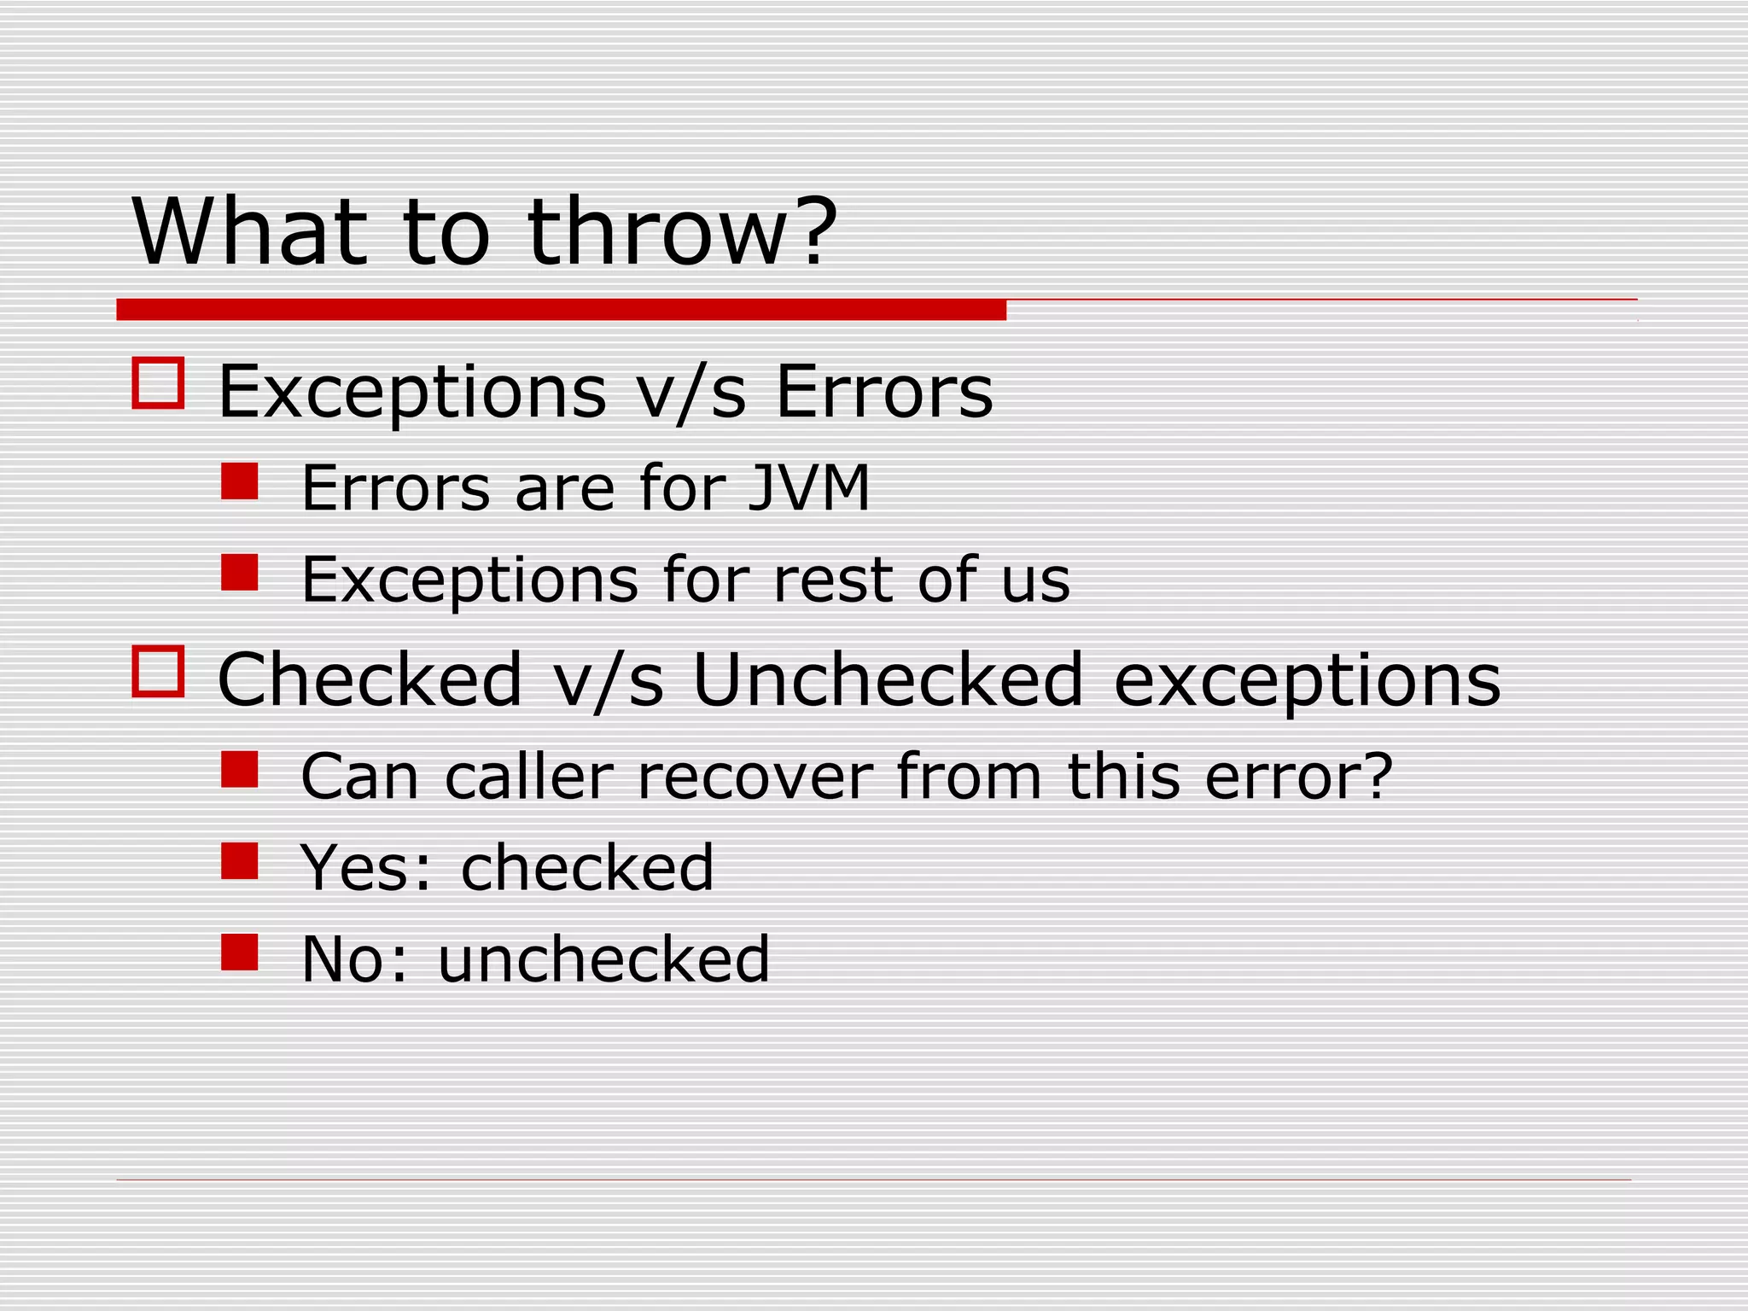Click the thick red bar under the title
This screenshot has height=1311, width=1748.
pos(561,310)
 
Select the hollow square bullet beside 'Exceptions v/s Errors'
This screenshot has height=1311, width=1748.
pos(159,383)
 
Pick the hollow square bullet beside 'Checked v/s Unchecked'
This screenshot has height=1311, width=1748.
pos(159,671)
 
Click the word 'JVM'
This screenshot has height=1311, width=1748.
pos(808,488)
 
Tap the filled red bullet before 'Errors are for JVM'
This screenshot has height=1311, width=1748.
pos(240,481)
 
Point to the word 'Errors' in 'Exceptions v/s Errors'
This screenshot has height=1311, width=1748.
pos(884,393)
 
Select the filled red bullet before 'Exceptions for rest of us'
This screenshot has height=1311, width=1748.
pos(240,573)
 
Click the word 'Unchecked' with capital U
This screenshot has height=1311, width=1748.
pos(888,680)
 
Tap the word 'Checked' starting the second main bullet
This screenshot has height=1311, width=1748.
pos(369,680)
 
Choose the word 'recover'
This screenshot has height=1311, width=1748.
pos(755,777)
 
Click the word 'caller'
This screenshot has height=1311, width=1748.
pos(529,777)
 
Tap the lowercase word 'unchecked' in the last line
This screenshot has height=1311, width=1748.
pos(603,959)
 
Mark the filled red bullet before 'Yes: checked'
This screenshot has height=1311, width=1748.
pos(240,861)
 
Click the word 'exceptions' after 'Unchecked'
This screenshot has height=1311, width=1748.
pos(1307,680)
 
